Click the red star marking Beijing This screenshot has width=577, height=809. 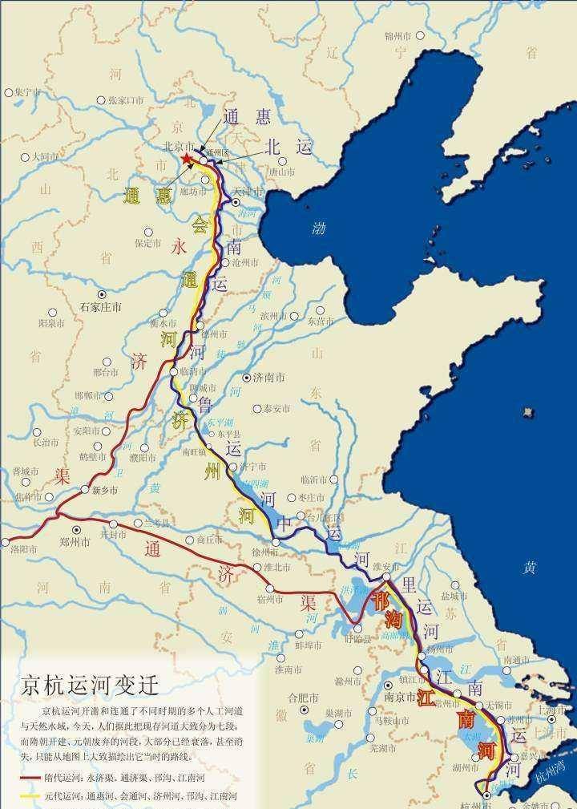point(187,160)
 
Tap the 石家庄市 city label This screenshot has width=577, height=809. point(101,306)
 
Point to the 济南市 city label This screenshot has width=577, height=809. point(271,377)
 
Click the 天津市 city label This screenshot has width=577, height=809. point(248,192)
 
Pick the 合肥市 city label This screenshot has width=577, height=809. point(304,698)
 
